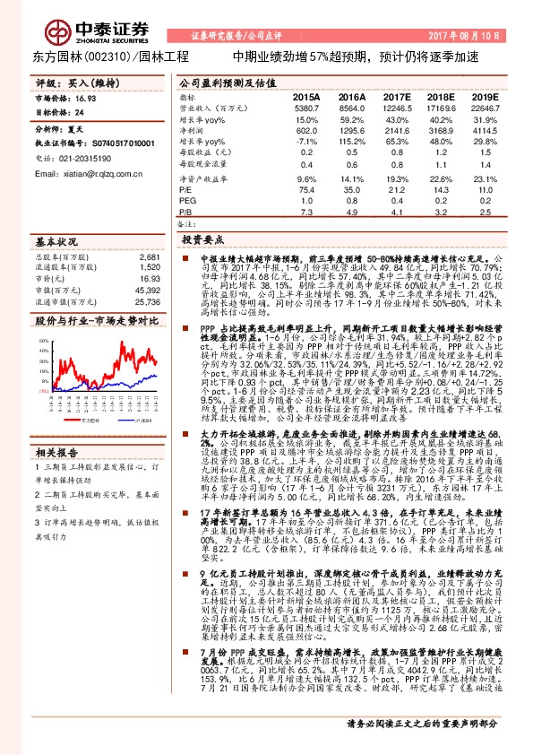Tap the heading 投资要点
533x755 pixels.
pos(202,240)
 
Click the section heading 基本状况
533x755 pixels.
pos(56,242)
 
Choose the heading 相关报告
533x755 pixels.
pos(56,451)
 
